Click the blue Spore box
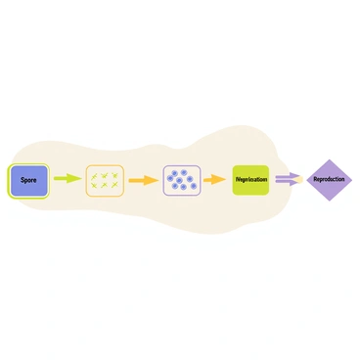click(28, 180)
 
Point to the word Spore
click(28, 180)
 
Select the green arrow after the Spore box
click(67, 180)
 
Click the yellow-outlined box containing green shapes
click(105, 180)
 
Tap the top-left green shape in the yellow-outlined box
click(95, 175)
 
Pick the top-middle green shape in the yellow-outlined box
click(105, 175)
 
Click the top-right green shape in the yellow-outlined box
click(114, 175)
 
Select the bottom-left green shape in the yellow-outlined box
click(95, 185)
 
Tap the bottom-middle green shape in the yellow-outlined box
click(105, 185)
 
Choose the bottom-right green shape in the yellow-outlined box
click(114, 185)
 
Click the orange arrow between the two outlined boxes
click(143, 180)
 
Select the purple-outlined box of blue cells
click(181, 180)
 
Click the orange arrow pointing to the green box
click(213, 181)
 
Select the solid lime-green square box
click(250, 180)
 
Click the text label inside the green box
click(250, 180)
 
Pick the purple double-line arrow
click(288, 179)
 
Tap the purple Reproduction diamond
click(329, 180)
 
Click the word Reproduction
click(329, 180)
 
